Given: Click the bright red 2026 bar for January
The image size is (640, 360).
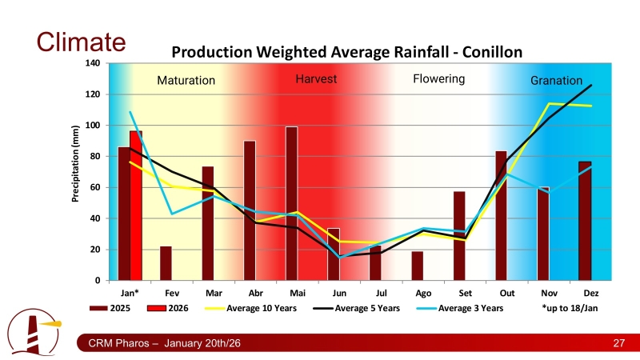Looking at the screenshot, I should click(x=136, y=206).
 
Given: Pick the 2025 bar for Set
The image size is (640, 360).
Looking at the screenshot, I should click(x=459, y=236).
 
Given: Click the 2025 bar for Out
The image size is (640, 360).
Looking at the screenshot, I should click(x=501, y=215).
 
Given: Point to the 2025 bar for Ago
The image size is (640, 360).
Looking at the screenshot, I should click(x=417, y=266).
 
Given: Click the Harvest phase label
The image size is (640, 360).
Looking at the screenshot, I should click(x=316, y=79).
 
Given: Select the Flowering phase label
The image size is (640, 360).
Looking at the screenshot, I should click(x=438, y=79).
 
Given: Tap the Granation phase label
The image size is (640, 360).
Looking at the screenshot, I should click(x=557, y=81).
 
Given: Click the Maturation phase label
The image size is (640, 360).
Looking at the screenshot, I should click(x=186, y=81).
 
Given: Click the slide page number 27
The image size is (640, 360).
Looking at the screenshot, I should click(x=618, y=344).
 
